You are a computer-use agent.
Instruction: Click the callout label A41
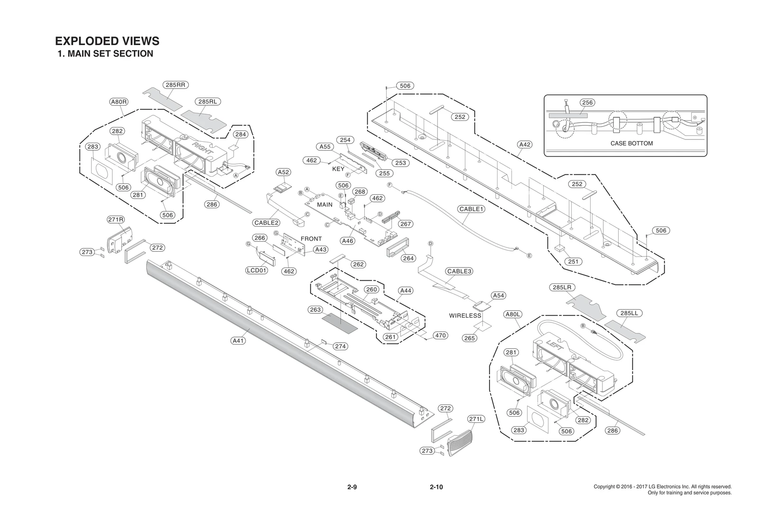pos(238,340)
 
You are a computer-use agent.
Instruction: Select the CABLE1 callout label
pos(471,209)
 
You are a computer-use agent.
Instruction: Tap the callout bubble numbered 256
pos(587,102)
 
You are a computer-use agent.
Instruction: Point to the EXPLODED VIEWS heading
pos(107,41)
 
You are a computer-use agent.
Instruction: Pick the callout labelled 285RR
pos(175,85)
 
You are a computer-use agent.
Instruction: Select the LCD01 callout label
pos(257,270)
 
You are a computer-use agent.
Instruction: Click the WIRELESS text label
pos(465,315)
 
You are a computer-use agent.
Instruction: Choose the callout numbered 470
pos(440,335)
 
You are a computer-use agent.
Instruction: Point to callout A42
pos(524,144)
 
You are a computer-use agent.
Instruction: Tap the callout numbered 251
pos(573,261)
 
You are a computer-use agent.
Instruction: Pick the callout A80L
pos(513,314)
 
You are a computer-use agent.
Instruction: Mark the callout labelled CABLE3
pos(459,271)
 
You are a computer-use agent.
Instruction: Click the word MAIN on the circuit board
pos(325,205)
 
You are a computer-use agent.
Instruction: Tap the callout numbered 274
pos(340,346)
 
